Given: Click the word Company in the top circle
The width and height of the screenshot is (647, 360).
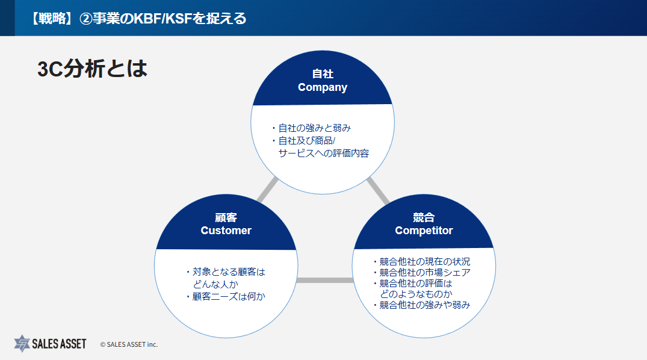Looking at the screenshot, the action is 323,87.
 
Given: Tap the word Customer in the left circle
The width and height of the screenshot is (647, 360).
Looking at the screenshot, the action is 226,231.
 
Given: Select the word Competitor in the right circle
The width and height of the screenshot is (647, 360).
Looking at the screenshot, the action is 424,231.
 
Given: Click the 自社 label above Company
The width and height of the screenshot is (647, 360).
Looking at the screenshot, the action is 323,74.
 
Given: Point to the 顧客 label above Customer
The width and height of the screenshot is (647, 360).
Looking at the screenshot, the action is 226,217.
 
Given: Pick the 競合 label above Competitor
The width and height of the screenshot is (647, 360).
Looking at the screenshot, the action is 424,217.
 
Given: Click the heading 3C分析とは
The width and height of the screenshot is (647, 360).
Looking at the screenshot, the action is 93,69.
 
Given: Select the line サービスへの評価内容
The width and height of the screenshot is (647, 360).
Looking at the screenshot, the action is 324,153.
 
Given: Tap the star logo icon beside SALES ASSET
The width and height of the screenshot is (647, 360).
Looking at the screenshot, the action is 22,344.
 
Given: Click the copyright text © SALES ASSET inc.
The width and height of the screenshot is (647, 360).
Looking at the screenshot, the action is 129,344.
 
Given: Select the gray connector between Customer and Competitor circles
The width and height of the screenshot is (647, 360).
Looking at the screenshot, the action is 325,281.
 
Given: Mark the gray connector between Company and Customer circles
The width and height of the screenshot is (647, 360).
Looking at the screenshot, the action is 267,190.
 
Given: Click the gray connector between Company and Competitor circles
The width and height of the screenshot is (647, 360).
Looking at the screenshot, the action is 378,191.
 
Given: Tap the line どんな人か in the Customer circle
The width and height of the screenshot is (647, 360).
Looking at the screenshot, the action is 215,285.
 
